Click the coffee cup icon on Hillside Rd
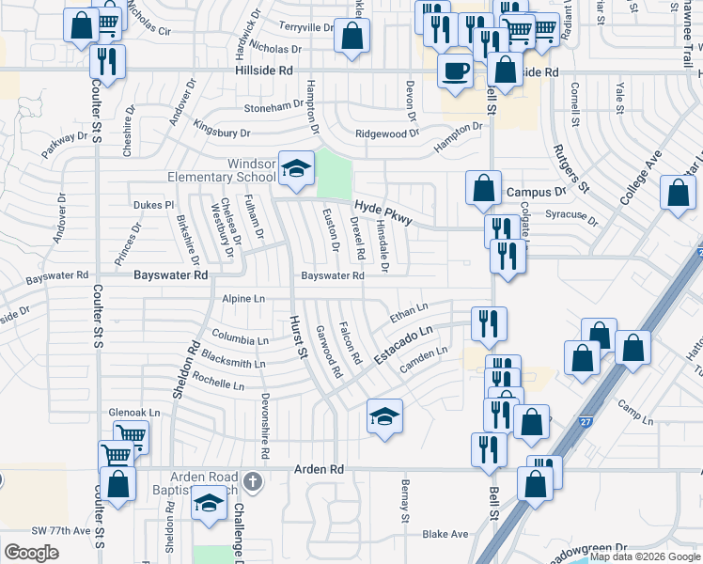coord(456,70)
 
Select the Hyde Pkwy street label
coord(383,213)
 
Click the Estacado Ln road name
coord(403,346)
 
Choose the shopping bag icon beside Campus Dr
coord(483,187)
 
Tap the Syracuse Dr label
coord(572,215)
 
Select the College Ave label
coord(641,175)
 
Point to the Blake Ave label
coord(445,534)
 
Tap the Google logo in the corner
coord(32,551)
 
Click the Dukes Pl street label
coord(154,204)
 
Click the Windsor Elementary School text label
coord(222,170)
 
